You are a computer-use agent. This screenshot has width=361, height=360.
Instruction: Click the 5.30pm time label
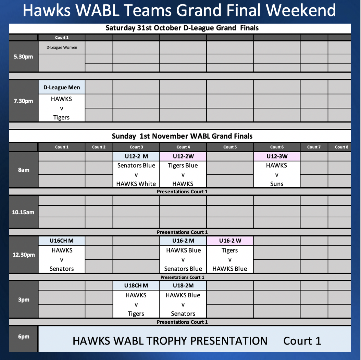[23, 56]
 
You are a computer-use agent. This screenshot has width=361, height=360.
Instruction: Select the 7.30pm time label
[23, 101]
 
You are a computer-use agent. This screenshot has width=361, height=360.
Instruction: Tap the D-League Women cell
[62, 48]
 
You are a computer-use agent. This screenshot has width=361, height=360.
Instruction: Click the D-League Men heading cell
[62, 87]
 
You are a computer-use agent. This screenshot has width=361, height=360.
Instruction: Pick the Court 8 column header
[341, 147]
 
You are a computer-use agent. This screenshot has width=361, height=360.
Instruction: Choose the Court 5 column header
[230, 147]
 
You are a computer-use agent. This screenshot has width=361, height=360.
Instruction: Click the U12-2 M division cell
[136, 156]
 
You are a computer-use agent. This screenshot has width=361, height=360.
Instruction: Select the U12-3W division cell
[277, 156]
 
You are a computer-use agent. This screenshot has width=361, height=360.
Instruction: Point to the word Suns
[277, 184]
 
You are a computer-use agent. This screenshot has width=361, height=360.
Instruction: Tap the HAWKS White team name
[136, 184]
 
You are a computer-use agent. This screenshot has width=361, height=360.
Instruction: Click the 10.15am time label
[23, 212]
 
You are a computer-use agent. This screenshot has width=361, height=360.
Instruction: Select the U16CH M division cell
[62, 241]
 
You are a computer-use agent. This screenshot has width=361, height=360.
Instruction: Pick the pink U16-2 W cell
[230, 241]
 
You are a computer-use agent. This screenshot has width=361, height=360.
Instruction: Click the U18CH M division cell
[136, 286]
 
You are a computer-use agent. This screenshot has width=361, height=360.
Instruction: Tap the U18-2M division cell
[183, 286]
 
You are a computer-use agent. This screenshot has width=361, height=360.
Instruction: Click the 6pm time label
[24, 336]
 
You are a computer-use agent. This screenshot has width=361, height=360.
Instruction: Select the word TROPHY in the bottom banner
[166, 341]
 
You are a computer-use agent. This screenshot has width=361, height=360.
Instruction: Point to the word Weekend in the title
[301, 10]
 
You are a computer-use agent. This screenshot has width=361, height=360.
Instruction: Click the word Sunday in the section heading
[124, 136]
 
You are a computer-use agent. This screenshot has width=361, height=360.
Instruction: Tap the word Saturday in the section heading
[121, 28]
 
